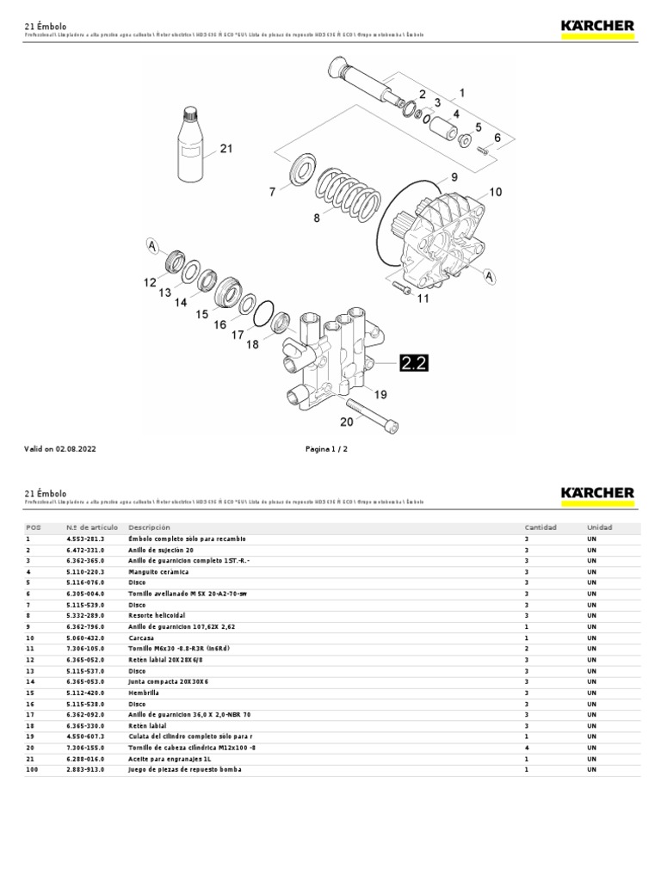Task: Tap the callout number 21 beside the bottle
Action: pos(226,149)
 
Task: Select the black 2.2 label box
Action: pos(413,364)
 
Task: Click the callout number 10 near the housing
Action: pos(495,192)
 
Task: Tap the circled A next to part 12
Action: pos(152,247)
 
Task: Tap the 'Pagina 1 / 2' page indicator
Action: pos(327,449)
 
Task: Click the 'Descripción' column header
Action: pos(150,527)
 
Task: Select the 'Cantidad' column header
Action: pos(541,527)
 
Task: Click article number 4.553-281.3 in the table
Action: pos(85,539)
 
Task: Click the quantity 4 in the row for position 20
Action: pos(526,747)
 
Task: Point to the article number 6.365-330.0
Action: pos(85,725)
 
